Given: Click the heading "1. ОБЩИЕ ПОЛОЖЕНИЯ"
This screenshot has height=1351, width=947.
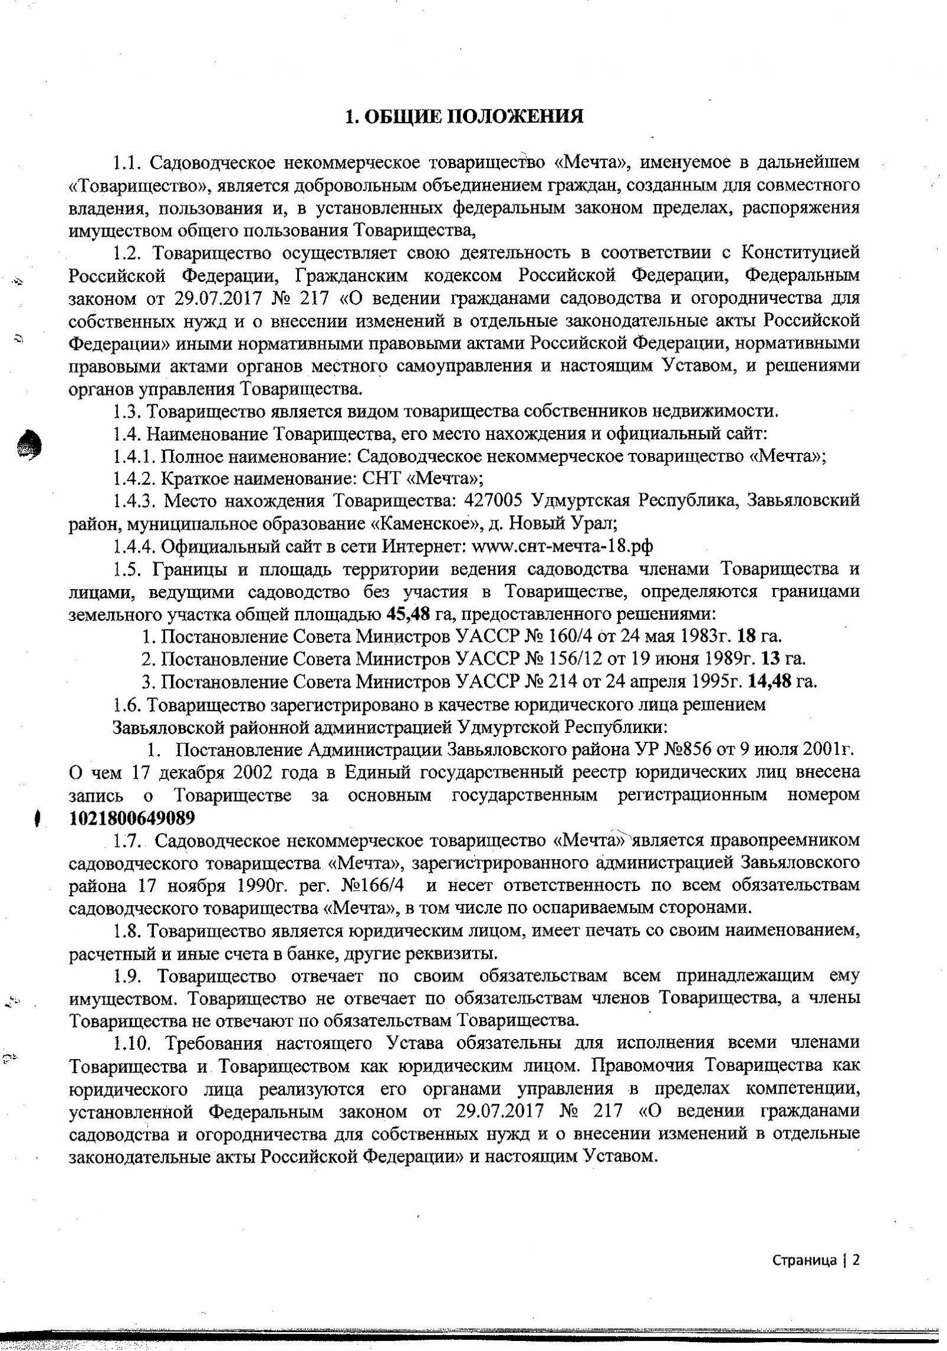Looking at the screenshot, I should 464,117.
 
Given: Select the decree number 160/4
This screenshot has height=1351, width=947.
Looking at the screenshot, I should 569,636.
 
